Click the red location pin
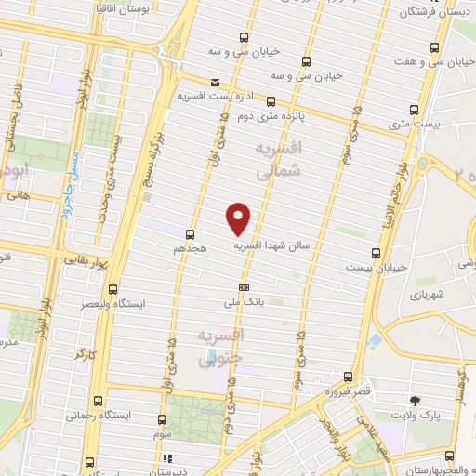click(x=239, y=218)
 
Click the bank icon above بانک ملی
click(x=244, y=287)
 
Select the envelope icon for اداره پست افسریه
click(x=216, y=82)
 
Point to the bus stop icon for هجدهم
click(x=190, y=233)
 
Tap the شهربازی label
click(x=426, y=295)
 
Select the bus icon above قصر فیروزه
click(x=347, y=377)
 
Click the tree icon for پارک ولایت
click(x=415, y=401)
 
